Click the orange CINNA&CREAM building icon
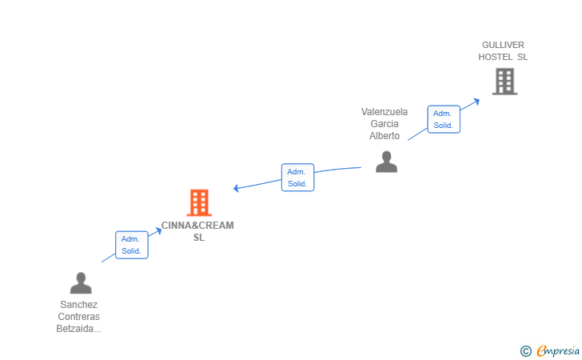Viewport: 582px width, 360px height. [199, 203]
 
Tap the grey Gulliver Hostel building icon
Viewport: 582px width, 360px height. [504, 82]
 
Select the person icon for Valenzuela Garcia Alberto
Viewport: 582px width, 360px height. [386, 162]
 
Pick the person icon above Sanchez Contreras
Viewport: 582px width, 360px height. [81, 283]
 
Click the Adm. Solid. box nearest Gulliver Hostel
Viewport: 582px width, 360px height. [444, 119]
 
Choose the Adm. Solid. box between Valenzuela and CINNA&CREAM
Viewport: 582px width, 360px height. [297, 178]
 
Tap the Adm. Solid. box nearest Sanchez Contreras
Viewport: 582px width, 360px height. [132, 245]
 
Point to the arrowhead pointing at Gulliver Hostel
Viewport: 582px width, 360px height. [476, 101]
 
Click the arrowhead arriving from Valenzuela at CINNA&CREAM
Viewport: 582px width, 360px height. [236, 188]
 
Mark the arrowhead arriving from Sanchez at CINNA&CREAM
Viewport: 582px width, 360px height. [158, 230]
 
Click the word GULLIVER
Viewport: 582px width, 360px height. [503, 45]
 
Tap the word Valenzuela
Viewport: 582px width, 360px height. [385, 112]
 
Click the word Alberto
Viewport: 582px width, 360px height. [385, 136]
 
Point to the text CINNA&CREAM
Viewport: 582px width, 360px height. [197, 226]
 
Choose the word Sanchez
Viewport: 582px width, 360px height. [78, 305]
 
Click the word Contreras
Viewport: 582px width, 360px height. [78, 317]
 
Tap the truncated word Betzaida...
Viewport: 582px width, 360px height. [78, 329]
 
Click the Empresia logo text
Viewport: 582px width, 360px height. [558, 350]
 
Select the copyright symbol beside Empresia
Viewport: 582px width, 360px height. [526, 351]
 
